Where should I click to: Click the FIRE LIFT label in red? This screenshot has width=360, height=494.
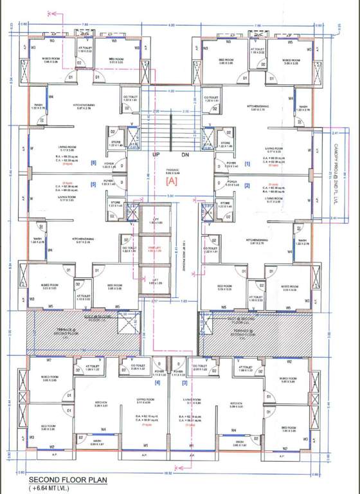[x=154, y=248]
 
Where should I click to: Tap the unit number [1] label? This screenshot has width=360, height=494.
[x=247, y=164]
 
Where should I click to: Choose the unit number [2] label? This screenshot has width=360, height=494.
[x=247, y=185]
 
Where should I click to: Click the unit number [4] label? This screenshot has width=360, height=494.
[x=157, y=384]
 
